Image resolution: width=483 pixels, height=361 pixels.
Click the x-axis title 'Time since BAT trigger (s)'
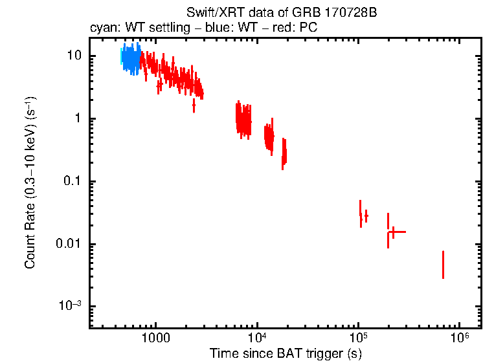pos(285,353)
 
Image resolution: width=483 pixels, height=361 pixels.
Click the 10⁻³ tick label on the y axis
pos(71,305)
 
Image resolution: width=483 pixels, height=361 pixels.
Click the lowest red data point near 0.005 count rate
pos(443,265)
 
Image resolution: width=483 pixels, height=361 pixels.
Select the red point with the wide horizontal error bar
pos(393,232)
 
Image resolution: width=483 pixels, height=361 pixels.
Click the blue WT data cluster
pos(131,60)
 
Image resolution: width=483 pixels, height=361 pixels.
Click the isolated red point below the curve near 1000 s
pos(159,84)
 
